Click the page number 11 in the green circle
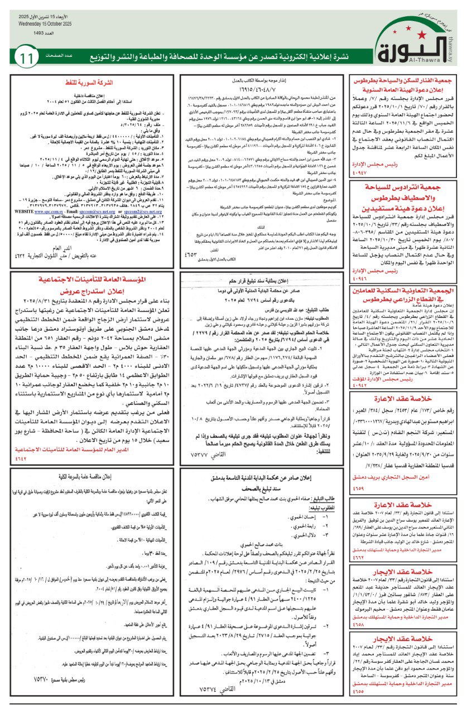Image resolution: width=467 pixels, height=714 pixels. pyautogui.click(x=26, y=57)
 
